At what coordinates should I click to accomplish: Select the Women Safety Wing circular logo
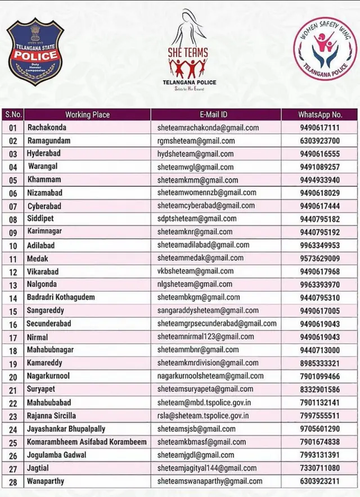[325, 48]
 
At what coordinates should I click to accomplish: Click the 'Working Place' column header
[87, 115]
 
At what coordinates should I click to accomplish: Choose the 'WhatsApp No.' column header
[320, 115]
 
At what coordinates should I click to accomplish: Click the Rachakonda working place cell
[47, 128]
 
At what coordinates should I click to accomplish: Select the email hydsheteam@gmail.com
[195, 154]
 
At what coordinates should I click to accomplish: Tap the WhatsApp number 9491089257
[320, 167]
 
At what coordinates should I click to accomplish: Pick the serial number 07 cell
[13, 206]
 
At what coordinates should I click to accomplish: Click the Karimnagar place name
[44, 232]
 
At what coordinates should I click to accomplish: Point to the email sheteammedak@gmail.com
[200, 258]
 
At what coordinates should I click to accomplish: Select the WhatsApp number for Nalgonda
[320, 284]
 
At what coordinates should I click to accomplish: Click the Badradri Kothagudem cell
[61, 297]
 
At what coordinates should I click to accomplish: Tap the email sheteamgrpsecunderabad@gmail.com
[217, 323]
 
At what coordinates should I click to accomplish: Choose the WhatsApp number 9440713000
[320, 350]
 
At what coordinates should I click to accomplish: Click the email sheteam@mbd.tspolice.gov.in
[204, 403]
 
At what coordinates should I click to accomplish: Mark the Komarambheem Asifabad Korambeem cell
[87, 442]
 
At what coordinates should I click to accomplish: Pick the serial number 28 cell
[13, 482]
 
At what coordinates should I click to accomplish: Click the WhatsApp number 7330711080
[320, 468]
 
